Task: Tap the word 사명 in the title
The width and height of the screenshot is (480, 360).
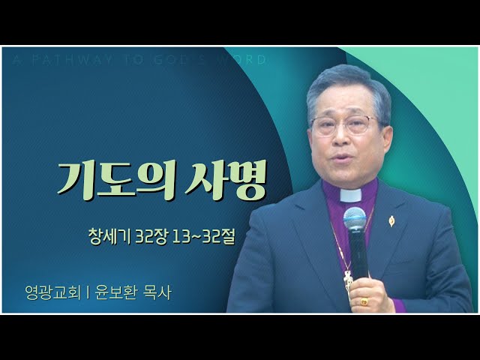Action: (x=225, y=180)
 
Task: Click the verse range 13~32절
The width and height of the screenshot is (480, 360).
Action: (x=203, y=237)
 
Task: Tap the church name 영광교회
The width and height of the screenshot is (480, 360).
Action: (x=53, y=292)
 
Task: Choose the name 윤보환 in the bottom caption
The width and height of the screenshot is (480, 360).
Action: (x=115, y=292)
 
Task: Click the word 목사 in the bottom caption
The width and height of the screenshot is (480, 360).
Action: (x=157, y=292)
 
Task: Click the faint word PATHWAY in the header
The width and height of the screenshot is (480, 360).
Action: (x=72, y=60)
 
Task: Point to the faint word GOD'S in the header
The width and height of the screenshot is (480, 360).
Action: (x=176, y=60)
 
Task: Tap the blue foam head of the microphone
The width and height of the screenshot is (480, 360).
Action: (x=355, y=218)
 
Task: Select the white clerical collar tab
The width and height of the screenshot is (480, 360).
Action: (x=351, y=195)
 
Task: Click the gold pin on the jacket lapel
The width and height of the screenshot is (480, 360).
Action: (x=391, y=220)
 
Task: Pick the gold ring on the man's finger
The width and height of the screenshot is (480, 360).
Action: (x=363, y=301)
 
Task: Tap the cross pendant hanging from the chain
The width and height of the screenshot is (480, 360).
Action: (x=347, y=280)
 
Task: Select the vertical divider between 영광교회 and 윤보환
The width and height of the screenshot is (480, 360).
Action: (x=88, y=292)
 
